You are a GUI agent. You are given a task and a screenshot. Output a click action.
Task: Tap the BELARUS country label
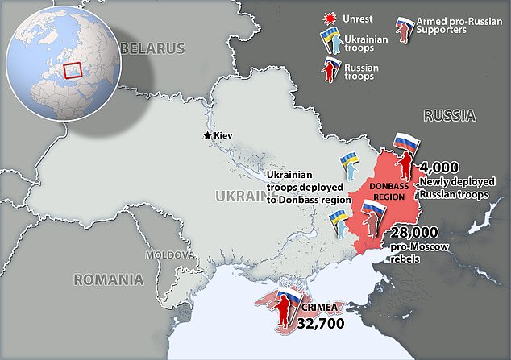(x=152, y=49)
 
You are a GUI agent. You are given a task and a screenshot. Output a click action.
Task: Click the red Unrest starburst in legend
(x=327, y=15)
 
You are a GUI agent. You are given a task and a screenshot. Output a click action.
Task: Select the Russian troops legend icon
(x=330, y=72)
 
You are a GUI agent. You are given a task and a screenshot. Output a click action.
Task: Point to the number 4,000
(x=440, y=168)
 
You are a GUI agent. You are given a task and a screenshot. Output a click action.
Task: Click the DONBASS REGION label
(x=390, y=192)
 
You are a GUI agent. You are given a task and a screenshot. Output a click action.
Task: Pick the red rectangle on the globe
(x=73, y=71)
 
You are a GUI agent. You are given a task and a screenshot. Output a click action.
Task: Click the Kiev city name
(x=223, y=135)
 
